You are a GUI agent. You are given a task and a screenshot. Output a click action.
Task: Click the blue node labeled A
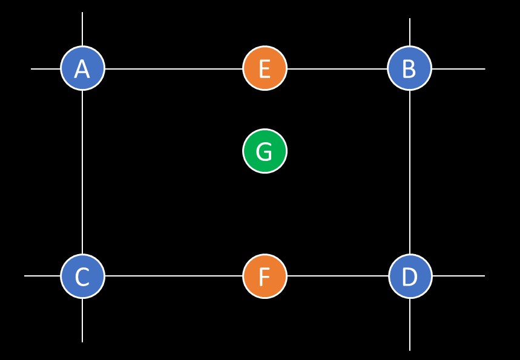click(82, 68)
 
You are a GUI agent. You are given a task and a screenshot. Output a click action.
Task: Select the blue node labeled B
click(409, 68)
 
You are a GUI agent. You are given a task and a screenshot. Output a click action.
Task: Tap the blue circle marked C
click(82, 276)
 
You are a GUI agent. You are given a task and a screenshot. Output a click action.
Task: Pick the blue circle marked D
click(410, 276)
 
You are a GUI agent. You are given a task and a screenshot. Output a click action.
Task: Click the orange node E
click(265, 68)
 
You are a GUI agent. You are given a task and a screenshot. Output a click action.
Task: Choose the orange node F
click(265, 276)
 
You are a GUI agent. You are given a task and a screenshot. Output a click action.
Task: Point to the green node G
click(265, 151)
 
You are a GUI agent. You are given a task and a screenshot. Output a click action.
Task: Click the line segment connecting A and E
click(174, 69)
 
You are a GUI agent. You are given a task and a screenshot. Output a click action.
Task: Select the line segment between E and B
click(337, 69)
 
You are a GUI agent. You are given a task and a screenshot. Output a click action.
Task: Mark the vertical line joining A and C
click(82, 172)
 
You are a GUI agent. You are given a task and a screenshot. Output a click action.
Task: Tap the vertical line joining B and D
click(410, 172)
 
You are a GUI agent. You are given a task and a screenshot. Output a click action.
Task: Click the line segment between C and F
click(174, 276)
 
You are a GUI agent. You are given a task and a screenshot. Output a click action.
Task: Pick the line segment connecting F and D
click(337, 276)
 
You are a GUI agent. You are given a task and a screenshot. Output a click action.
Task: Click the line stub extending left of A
click(46, 69)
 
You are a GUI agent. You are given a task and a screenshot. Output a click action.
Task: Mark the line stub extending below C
click(82, 320)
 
